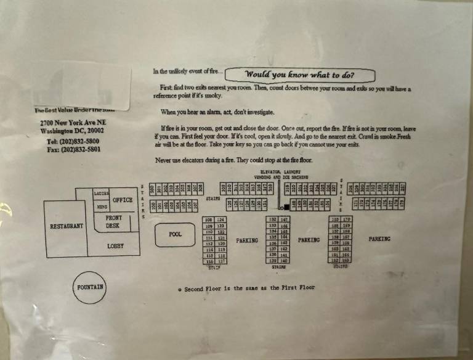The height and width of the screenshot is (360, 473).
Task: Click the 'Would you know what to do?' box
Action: click(x=300, y=75)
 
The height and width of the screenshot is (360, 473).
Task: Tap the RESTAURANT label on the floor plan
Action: click(x=67, y=226)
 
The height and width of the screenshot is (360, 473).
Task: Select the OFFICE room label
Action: click(x=123, y=200)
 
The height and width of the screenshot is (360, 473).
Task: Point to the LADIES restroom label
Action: click(x=101, y=193)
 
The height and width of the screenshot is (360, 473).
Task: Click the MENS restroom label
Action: click(x=102, y=208)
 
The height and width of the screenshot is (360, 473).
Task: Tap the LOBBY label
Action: click(x=115, y=245)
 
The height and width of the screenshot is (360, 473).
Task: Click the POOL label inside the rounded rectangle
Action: click(x=175, y=235)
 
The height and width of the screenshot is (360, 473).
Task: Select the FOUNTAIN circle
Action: click(x=91, y=288)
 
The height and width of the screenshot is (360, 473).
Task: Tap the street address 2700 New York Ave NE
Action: click(x=71, y=123)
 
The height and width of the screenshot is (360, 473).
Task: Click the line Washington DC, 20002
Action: click(x=71, y=131)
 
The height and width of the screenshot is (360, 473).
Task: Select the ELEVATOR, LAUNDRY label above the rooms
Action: click(x=280, y=171)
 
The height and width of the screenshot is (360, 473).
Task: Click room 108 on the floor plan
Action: click(x=208, y=220)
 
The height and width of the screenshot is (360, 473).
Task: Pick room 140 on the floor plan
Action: click(x=284, y=261)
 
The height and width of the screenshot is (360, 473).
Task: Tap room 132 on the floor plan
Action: click(x=272, y=220)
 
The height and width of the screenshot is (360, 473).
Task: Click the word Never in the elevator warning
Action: click(x=162, y=160)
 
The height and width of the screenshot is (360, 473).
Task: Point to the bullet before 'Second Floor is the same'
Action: click(x=179, y=289)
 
